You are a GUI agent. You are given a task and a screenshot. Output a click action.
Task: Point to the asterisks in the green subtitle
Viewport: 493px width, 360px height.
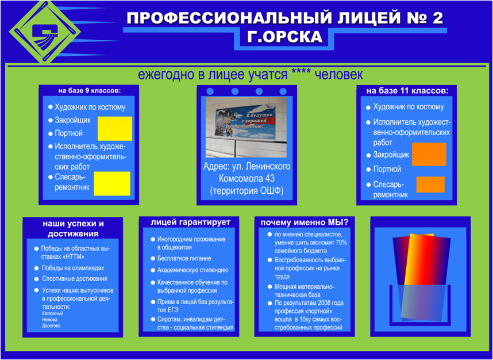point(301,75)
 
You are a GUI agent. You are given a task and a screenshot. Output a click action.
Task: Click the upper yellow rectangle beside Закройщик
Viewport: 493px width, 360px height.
point(114,128)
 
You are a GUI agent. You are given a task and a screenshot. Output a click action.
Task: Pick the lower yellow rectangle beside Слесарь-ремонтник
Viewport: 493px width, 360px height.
point(112,183)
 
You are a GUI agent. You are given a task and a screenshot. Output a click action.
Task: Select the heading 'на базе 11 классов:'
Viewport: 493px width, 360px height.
point(407,91)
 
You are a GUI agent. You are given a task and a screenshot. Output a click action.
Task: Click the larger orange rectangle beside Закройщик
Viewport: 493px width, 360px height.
point(429,154)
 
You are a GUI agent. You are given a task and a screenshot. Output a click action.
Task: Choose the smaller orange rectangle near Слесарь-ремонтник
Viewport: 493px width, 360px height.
point(430,185)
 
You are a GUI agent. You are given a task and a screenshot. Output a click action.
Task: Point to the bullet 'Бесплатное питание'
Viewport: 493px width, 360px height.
point(184,259)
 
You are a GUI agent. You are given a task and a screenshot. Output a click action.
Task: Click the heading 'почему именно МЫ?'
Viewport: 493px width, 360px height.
point(308,223)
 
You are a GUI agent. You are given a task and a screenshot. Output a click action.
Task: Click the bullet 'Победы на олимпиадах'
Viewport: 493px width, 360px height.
point(72,268)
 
